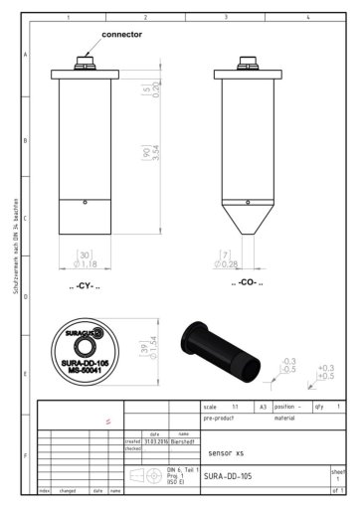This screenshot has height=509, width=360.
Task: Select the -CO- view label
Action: coord(246,283)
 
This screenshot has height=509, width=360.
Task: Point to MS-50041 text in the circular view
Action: coord(84,371)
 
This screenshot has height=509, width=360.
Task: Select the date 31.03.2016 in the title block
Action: coord(156,440)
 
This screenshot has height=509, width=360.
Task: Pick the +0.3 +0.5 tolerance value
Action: coord(324,373)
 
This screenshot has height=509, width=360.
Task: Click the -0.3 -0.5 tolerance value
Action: coord(289,364)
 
